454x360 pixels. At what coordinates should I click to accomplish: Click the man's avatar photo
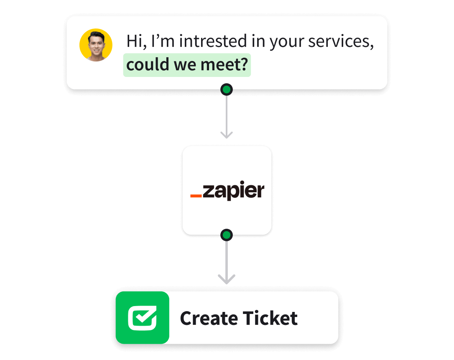coord(96,45)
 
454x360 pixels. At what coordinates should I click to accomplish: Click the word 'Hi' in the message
coord(134,41)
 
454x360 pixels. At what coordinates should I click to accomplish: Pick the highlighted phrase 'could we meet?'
coord(187,65)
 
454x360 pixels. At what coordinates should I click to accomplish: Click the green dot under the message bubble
coord(227,89)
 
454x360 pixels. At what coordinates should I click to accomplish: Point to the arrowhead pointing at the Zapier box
coord(227,135)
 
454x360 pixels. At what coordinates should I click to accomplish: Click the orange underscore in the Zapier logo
coord(196,195)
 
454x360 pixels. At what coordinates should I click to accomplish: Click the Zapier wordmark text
coord(233,191)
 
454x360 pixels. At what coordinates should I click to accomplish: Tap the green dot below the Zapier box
coord(227,235)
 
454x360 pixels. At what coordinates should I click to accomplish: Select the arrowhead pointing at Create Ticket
coord(227,279)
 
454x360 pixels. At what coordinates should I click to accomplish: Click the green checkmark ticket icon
coord(143,318)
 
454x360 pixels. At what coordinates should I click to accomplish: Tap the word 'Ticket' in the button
coord(270,319)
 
